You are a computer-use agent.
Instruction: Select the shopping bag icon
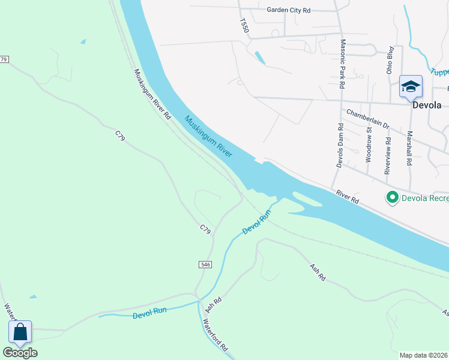pos(20,332)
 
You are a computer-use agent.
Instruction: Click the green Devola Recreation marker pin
pos(393,197)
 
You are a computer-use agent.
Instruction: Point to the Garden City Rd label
pos(288,10)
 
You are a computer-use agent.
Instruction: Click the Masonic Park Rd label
pos(343,64)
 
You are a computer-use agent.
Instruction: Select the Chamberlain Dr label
pos(368,119)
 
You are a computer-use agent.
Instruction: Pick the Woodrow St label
pos(368,147)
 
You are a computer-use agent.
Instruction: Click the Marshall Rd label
pos(409,149)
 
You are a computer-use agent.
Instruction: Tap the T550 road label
pos(243,25)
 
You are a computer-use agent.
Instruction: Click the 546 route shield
pos(205,264)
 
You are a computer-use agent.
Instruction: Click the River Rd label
pos(348,196)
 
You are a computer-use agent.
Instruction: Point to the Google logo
pos(20,353)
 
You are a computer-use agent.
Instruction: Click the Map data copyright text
pos(424,355)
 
